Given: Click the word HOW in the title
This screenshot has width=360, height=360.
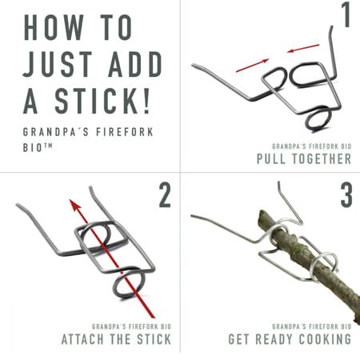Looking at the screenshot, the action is click(54, 27).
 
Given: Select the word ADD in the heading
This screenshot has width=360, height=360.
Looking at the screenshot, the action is click(135, 64).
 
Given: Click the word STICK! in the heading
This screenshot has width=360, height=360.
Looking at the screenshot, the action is click(102, 101).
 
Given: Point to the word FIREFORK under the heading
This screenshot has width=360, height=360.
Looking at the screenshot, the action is click(125, 132).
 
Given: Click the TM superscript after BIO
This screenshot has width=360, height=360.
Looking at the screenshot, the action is click(48, 146).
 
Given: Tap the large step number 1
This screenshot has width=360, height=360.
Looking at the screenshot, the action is click(346, 14).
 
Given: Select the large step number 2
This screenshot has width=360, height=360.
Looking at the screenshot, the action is click(165, 195).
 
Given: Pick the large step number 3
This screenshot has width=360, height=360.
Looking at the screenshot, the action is click(346, 195).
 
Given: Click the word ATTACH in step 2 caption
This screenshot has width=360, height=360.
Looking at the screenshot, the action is click(82, 339).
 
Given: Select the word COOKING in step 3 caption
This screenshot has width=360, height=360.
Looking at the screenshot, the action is click(325, 339).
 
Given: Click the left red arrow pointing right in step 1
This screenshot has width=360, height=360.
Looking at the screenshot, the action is click(252, 66).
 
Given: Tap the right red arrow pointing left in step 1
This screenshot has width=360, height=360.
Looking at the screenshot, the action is click(303, 48).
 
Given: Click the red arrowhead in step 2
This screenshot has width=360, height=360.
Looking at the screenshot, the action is click(74, 206).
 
